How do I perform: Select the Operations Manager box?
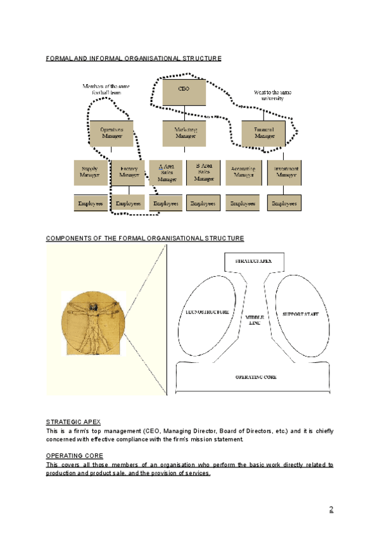pos(111,133)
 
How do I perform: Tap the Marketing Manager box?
pos(185,133)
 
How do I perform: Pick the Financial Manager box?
pos(265,134)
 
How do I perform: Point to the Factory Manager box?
pos(129,172)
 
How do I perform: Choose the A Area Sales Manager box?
pos(167,172)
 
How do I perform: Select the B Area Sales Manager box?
pos(203,172)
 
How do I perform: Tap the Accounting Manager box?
pos(244,172)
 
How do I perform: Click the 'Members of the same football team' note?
pos(105,89)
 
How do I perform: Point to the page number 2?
pos(331,509)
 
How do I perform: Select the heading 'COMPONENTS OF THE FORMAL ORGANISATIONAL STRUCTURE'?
pos(145,239)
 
